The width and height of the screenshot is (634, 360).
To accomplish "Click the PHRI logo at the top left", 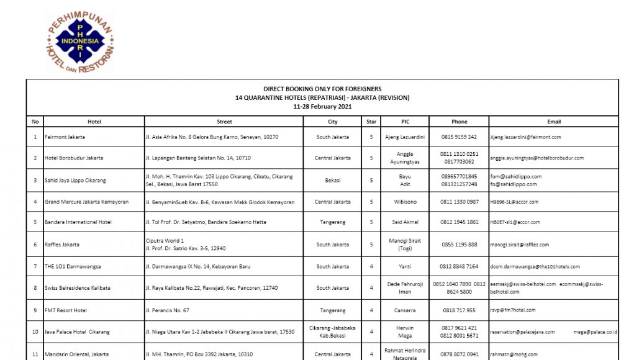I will point(80,42).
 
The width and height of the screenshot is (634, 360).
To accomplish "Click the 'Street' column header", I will point(224,122).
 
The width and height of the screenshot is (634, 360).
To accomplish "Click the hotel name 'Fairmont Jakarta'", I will point(65,137).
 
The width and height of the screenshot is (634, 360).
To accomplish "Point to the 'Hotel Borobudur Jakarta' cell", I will point(74,158).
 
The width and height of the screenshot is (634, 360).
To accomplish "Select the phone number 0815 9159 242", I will point(459,137).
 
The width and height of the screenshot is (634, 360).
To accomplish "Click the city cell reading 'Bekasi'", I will point(333,180).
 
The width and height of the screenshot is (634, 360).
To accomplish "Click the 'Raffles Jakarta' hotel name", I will point(62,245).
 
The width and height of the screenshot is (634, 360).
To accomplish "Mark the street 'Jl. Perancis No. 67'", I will point(167,310).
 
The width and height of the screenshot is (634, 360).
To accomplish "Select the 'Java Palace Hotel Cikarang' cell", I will point(77,332).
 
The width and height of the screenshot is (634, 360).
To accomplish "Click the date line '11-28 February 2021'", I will point(322,106).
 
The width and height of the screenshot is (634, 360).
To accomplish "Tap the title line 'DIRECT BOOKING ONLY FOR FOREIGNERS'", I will point(322,89).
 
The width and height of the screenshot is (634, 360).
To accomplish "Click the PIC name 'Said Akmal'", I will point(405,222).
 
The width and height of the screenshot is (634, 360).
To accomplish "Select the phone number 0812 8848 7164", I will point(459,266).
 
